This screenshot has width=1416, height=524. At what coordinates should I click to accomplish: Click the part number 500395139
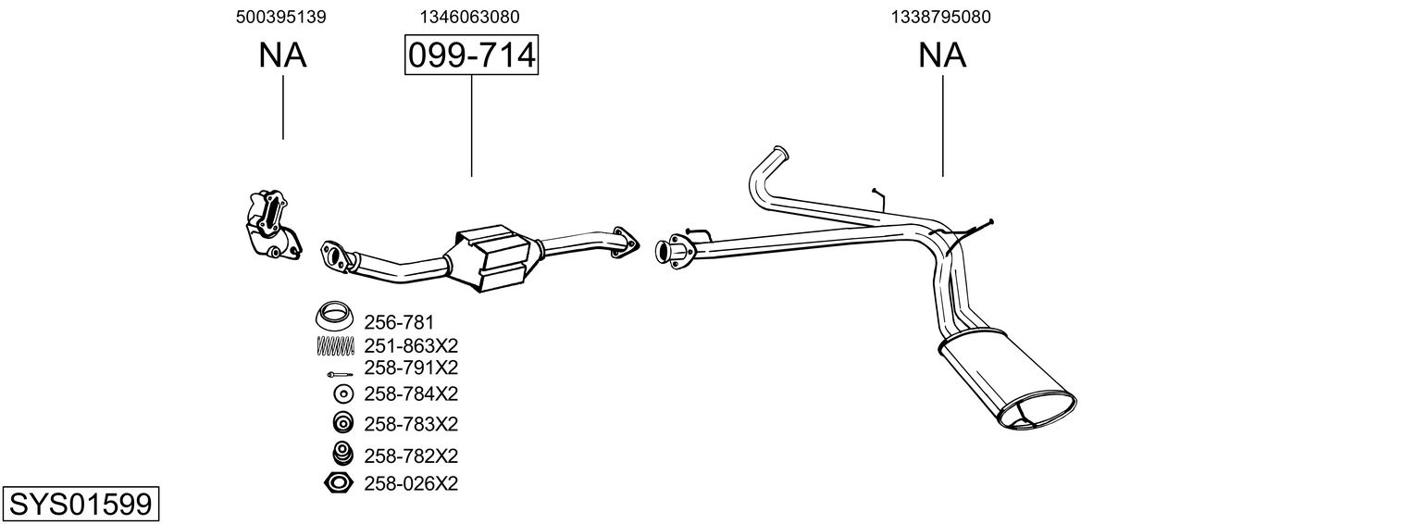(281, 17)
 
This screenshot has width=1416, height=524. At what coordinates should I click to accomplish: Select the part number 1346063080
(469, 17)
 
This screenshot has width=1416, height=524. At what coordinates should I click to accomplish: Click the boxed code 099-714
(471, 56)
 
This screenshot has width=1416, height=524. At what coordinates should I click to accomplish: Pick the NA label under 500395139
(282, 56)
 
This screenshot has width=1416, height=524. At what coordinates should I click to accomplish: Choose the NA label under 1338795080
(942, 56)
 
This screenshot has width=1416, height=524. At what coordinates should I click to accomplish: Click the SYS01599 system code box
(80, 505)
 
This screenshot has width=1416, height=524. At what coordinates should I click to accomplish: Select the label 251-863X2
(411, 345)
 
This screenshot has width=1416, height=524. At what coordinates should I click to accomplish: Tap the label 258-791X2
(411, 368)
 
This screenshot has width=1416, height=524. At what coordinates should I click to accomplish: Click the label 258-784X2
(411, 393)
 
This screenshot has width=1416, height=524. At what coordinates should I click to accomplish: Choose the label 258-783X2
(411, 424)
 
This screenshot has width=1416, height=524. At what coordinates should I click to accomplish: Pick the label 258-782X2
(411, 455)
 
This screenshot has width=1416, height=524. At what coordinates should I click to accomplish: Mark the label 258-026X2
(411, 483)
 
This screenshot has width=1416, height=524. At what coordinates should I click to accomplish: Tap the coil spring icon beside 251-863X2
(336, 345)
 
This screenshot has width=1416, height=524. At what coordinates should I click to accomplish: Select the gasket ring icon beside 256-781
(335, 317)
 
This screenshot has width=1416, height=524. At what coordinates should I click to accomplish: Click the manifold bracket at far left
(271, 225)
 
